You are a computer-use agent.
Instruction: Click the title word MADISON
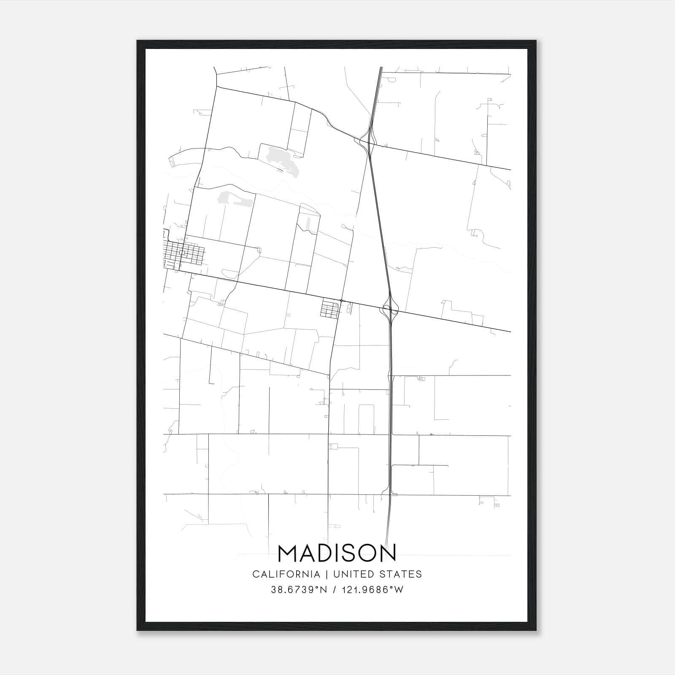337,553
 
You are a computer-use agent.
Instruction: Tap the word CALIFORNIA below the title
286,574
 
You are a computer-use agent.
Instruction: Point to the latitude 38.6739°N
299,590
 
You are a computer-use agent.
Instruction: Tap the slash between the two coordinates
335,590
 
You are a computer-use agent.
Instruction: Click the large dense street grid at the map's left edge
184,254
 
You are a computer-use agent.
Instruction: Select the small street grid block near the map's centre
330,308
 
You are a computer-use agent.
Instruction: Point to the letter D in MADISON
329,553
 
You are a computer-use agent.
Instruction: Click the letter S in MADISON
351,553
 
